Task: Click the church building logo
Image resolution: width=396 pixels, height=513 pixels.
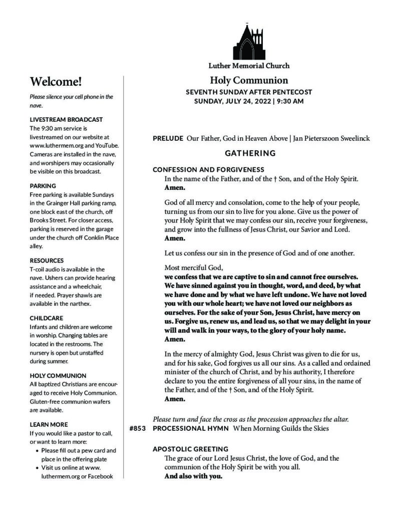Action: tap(249, 42)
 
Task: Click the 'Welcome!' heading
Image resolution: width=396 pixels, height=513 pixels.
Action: tap(56, 81)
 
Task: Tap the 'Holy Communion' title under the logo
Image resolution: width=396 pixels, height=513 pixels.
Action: tap(249, 80)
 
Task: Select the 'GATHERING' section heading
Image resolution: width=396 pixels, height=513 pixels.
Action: tap(250, 153)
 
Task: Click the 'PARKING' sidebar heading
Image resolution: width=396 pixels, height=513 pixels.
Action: tap(43, 185)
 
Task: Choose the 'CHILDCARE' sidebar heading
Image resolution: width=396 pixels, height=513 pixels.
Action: tap(46, 318)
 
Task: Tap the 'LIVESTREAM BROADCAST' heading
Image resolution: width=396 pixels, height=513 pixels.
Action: tap(66, 119)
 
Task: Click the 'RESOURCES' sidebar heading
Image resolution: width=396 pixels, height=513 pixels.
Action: tap(47, 261)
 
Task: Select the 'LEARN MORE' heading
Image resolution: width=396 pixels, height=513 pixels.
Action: tap(49, 424)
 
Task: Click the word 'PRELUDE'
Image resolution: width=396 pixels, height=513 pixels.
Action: tap(168, 138)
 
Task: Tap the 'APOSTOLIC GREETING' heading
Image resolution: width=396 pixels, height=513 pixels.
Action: tap(190, 449)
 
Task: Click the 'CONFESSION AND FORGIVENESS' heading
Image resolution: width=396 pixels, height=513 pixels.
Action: tap(208, 169)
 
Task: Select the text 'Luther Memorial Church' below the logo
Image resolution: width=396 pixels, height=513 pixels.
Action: tap(249, 66)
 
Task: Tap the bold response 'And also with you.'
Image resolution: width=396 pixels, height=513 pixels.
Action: tap(193, 476)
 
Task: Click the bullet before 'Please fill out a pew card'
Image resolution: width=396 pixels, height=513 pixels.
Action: tap(39, 450)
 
